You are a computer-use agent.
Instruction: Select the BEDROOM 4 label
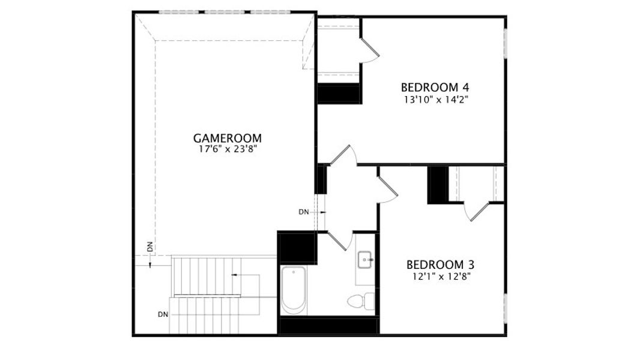pos(435,86)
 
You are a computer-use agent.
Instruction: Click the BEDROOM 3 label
pos(440,264)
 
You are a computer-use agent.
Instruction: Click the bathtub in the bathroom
pos(294,290)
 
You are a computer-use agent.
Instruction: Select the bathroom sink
pos(365,260)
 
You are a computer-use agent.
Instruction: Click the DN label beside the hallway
pos(304,212)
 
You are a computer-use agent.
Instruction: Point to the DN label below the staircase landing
pos(163,314)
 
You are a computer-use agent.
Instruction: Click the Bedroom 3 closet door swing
pos(479,211)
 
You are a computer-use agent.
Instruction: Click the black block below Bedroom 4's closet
pos(338,94)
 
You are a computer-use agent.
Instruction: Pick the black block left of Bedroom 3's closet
pos(438,185)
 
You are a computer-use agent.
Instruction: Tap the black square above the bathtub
pos(297,247)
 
